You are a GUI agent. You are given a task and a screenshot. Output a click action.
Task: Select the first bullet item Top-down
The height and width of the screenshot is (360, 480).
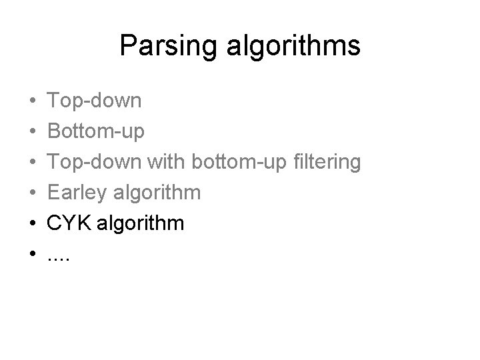pos(94,101)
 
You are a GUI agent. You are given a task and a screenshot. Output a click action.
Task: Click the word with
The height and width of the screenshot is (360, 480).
pos(166,162)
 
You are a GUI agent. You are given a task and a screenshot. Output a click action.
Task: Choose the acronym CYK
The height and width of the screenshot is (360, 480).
pos(69,223)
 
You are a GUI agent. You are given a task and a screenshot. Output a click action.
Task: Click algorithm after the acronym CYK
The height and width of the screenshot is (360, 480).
pos(142,223)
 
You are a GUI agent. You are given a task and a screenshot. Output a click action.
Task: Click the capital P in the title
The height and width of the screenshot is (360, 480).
pos(127,46)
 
